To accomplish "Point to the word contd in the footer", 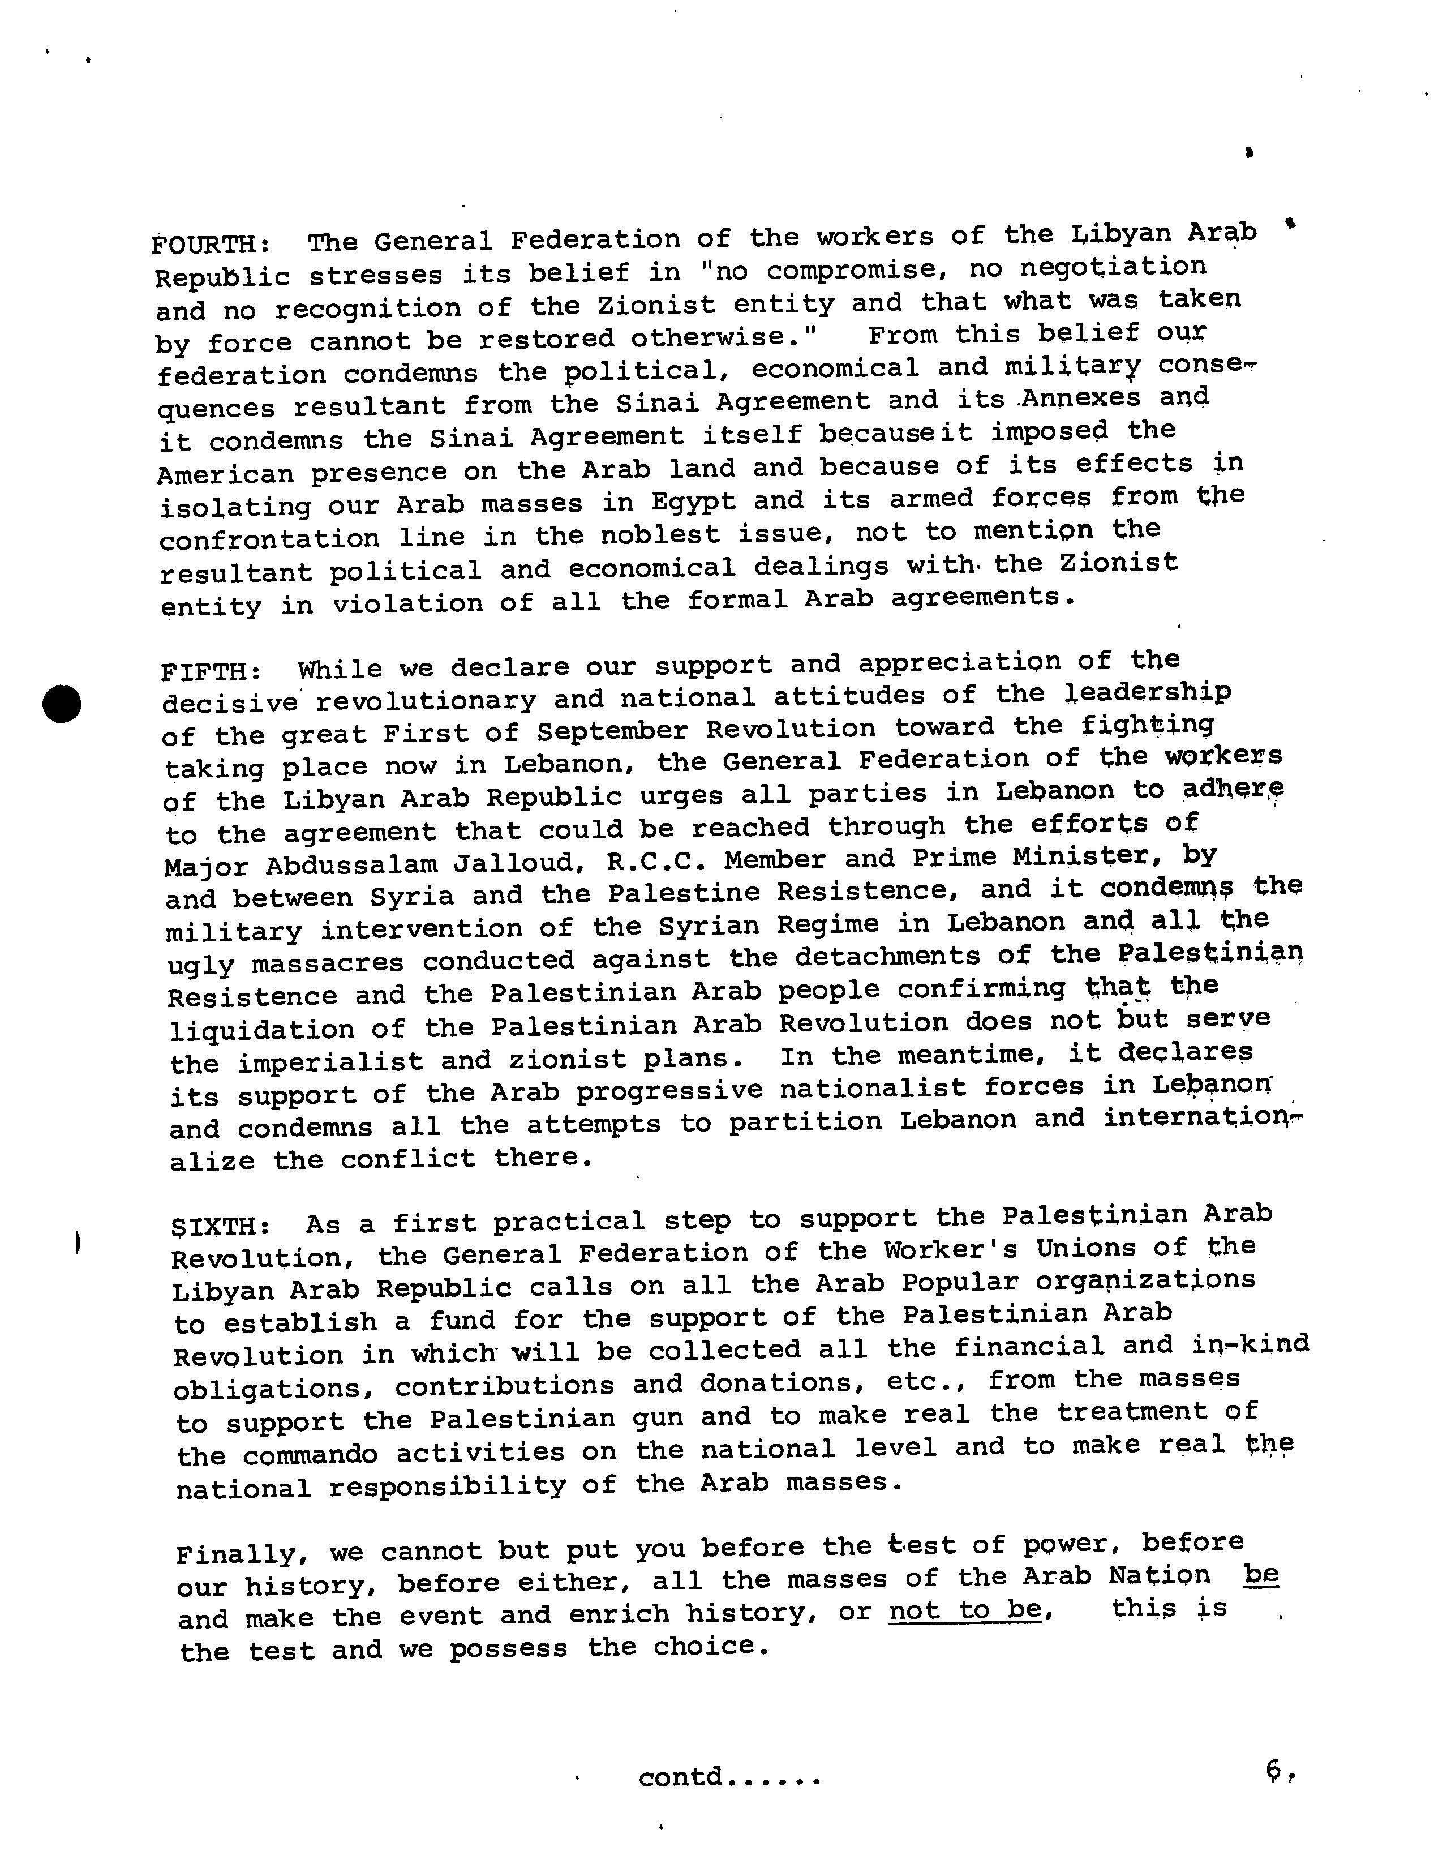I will click(680, 1777).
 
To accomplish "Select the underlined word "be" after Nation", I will click(1261, 1574).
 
